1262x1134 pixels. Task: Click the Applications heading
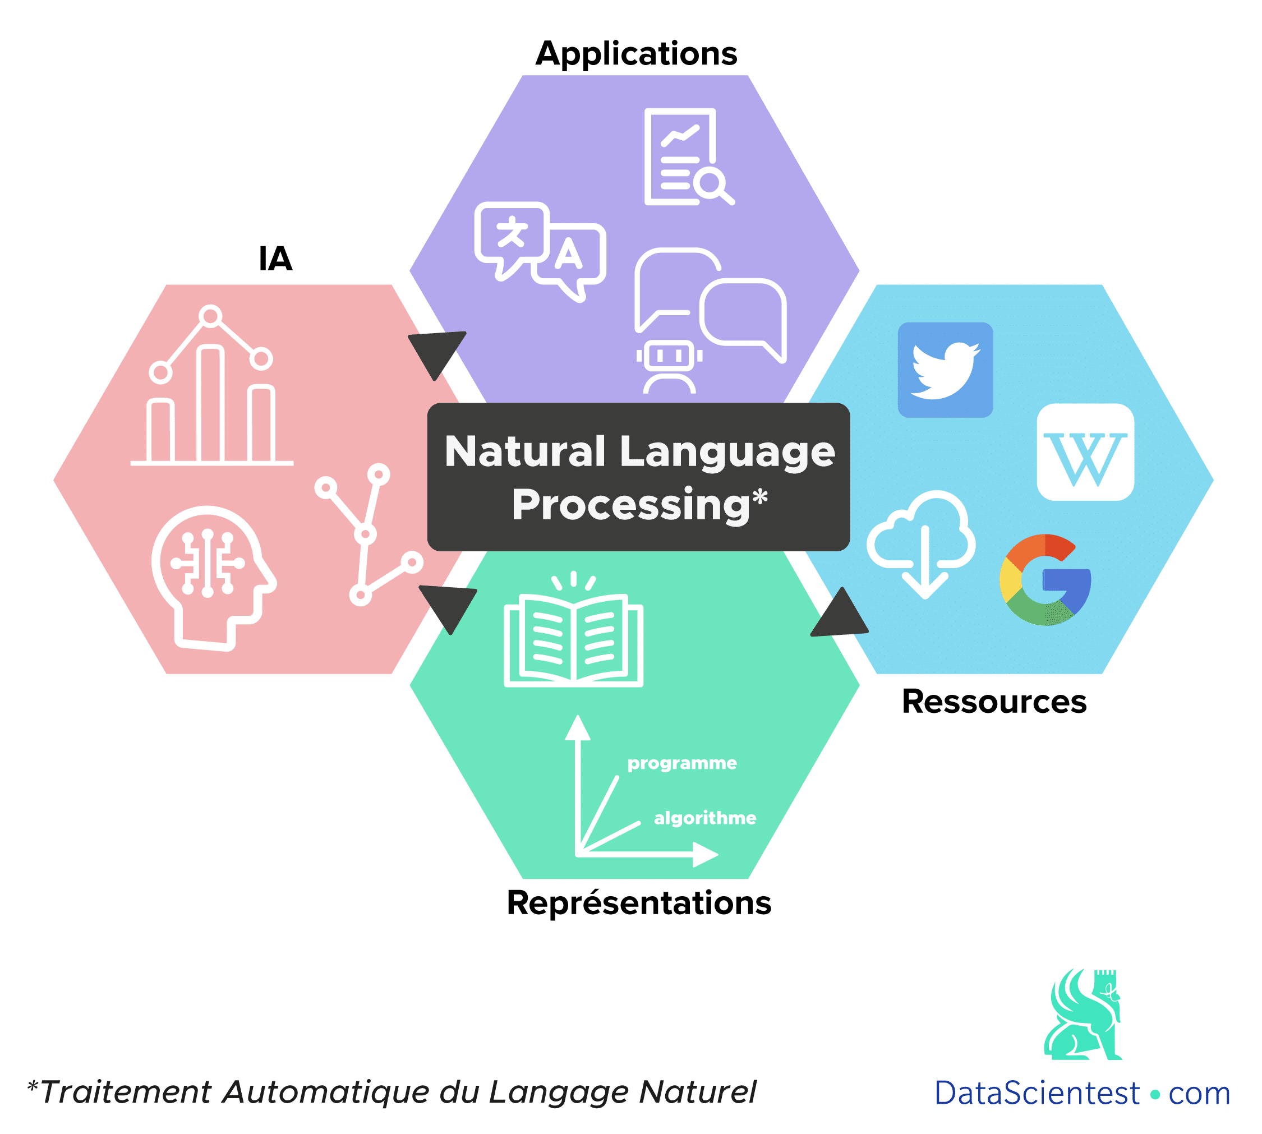(x=635, y=54)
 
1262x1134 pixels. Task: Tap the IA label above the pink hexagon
(x=275, y=259)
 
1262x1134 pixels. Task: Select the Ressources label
(x=994, y=702)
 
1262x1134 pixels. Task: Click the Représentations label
(x=639, y=903)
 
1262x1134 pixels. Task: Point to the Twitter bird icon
(x=945, y=370)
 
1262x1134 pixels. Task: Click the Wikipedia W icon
(x=1085, y=453)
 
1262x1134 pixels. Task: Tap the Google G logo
(x=1045, y=579)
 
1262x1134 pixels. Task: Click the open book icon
(x=573, y=637)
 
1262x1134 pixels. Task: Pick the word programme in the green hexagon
(x=682, y=763)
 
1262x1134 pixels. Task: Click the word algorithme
(x=705, y=818)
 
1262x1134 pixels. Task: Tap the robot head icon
(x=669, y=366)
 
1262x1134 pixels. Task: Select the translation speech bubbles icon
(x=539, y=249)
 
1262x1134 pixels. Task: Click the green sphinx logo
(x=1083, y=1015)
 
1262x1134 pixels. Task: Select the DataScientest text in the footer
(x=1037, y=1094)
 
